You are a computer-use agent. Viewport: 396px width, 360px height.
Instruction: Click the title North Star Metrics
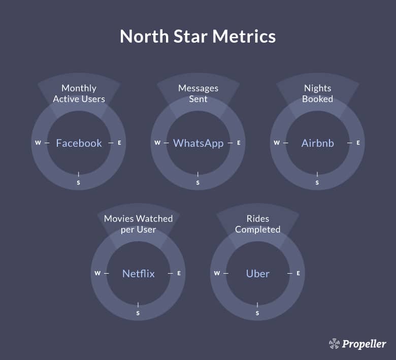(x=198, y=37)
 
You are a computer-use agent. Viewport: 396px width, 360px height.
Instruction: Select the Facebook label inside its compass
(x=79, y=143)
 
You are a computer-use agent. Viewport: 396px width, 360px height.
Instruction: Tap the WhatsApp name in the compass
(x=198, y=143)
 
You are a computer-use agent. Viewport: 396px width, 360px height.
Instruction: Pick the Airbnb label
(x=317, y=143)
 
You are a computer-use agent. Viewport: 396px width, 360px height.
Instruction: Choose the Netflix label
(x=139, y=274)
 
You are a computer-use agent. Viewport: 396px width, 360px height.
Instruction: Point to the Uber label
(x=257, y=274)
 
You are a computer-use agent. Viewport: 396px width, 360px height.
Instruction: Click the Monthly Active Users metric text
(x=79, y=93)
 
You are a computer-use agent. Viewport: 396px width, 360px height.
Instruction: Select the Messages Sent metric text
(x=198, y=93)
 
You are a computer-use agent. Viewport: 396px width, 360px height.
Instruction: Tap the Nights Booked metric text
(x=317, y=93)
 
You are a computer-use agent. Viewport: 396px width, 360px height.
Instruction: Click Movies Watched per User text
(x=139, y=224)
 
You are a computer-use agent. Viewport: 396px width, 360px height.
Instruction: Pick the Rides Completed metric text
(x=257, y=224)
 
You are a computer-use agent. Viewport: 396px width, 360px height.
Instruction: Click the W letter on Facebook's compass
(x=38, y=143)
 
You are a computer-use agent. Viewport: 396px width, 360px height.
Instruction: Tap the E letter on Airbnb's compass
(x=358, y=143)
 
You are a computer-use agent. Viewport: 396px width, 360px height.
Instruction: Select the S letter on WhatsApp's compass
(x=198, y=182)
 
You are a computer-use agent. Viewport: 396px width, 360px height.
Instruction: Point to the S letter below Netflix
(x=138, y=313)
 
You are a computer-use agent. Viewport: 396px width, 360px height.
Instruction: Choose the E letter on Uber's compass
(x=298, y=273)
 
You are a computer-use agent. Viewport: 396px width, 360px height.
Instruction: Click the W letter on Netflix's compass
(x=97, y=273)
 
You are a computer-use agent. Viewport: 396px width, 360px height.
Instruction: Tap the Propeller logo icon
(x=334, y=344)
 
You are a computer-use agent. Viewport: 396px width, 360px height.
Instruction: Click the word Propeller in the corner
(x=364, y=344)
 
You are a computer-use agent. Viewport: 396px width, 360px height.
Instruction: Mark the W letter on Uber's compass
(x=217, y=273)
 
